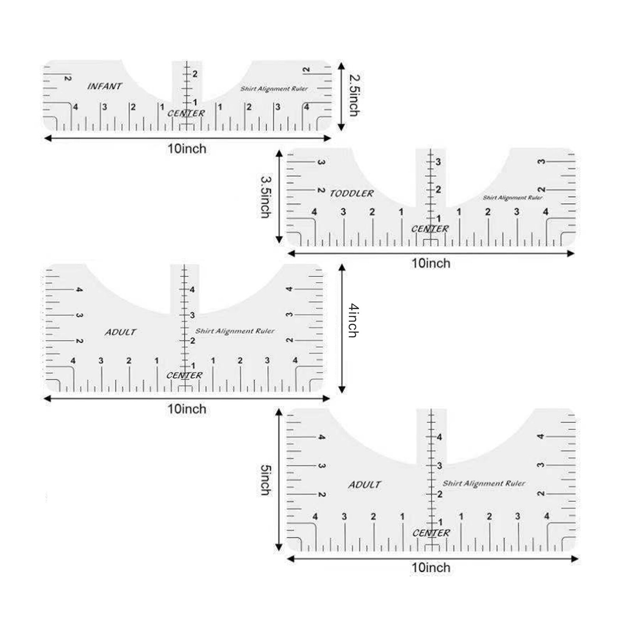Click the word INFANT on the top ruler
[104, 86]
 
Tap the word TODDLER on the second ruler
[352, 193]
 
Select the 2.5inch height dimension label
[354, 95]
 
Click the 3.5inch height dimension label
[266, 197]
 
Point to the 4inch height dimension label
[353, 320]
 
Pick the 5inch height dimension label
[266, 480]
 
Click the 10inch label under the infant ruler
[187, 149]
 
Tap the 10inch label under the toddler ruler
[431, 263]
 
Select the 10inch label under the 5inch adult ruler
[431, 568]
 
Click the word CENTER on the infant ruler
[186, 113]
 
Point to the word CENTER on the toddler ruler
[430, 229]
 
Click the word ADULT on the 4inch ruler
[120, 332]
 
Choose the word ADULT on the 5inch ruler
[364, 485]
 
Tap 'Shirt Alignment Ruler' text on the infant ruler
[274, 89]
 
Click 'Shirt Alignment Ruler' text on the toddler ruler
[513, 198]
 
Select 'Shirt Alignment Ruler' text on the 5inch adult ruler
[484, 483]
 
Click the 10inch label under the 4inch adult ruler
[187, 409]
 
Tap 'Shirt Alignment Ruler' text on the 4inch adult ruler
[235, 331]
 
